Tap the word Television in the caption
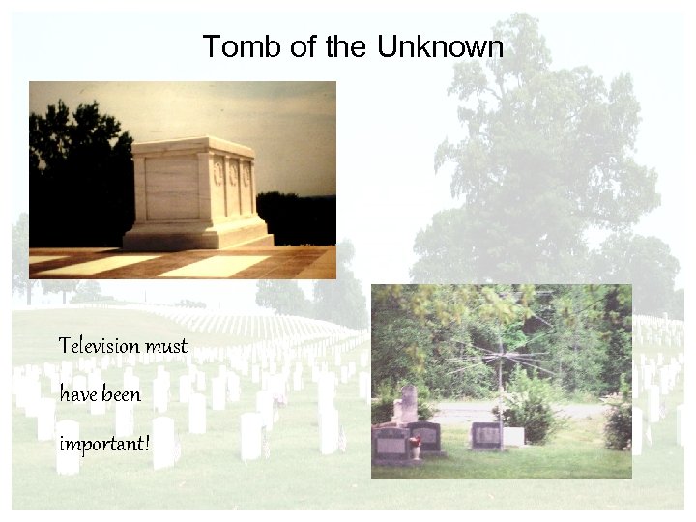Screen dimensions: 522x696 point(100,345)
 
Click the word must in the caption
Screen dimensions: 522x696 point(166,345)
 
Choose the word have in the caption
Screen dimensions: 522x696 point(77,394)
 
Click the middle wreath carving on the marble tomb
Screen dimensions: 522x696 point(232,174)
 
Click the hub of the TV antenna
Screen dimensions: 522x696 point(502,361)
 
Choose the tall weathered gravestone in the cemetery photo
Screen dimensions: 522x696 point(408,404)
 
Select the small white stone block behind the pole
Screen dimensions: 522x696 point(513,436)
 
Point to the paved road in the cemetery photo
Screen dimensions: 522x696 point(561,411)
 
